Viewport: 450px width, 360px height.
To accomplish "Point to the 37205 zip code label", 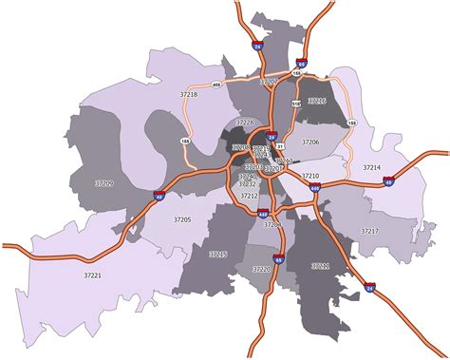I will point(182,220).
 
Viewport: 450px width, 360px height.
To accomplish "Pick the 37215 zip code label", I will point(218,255).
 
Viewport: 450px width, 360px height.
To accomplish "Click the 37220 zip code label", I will point(262,270).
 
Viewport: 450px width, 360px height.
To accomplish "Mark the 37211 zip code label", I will point(321,267).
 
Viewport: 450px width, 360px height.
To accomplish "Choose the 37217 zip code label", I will point(369,231).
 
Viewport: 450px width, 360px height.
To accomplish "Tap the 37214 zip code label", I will point(371,167).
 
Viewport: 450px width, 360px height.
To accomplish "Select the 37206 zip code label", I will point(310,142).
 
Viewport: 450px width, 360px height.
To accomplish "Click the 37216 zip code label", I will point(317,100).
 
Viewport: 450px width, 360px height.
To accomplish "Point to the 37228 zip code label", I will point(246,123).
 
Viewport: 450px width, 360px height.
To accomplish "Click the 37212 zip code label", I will point(250,196).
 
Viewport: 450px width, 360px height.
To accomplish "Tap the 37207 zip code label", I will point(269,83).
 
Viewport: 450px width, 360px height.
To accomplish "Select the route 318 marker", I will point(294,103).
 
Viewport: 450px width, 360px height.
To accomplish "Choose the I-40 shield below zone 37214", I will point(388,181).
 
